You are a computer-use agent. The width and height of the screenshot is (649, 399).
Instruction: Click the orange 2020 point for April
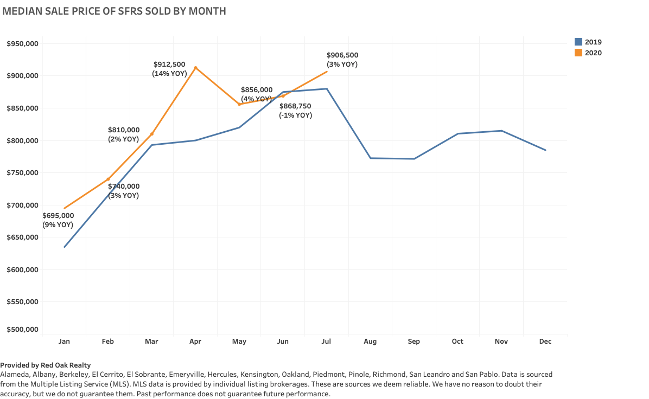(195, 68)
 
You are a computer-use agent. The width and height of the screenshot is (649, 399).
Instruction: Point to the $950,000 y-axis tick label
(22, 44)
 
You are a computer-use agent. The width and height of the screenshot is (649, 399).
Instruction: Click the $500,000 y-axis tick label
(22, 330)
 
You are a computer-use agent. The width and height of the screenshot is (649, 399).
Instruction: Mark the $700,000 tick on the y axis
(22, 205)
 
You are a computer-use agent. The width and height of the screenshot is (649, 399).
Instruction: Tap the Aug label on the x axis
(370, 342)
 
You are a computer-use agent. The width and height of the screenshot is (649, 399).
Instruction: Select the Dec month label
(545, 342)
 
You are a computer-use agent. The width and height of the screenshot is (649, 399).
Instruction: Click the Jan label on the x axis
(64, 342)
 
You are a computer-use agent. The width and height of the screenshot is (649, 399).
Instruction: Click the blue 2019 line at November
(501, 131)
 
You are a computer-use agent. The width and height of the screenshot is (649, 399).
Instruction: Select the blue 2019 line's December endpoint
(545, 150)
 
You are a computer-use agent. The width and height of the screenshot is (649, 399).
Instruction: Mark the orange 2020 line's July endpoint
(327, 72)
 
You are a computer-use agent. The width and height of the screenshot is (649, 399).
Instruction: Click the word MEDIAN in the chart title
(21, 11)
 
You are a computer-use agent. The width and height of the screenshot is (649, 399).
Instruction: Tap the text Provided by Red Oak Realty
(46, 365)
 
